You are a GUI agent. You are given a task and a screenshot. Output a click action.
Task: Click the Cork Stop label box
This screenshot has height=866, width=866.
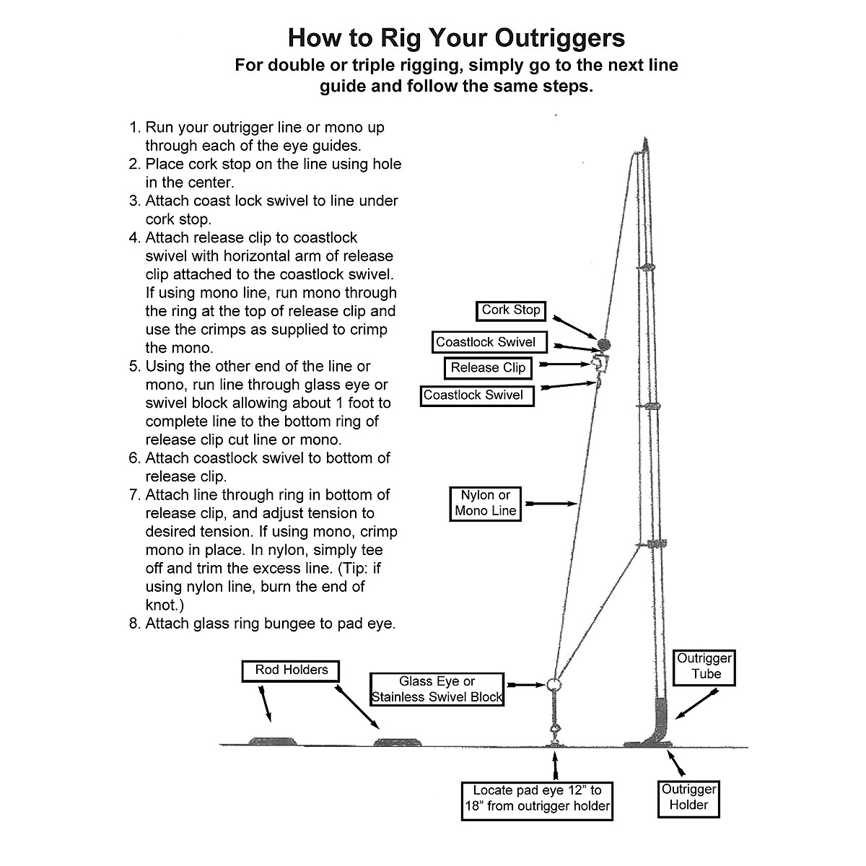(x=511, y=310)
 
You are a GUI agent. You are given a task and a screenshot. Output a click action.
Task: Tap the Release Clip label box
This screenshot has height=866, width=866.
(x=488, y=368)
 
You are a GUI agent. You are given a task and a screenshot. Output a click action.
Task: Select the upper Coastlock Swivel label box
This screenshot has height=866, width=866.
(x=485, y=342)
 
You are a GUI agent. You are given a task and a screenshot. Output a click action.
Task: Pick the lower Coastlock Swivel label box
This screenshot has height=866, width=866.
(x=477, y=395)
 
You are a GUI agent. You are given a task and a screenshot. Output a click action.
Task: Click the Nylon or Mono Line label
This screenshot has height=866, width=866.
(x=485, y=503)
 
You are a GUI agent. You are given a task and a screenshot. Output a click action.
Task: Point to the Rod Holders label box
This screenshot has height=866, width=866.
(x=291, y=670)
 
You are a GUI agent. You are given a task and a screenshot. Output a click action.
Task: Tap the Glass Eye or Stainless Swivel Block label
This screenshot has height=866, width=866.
(x=437, y=689)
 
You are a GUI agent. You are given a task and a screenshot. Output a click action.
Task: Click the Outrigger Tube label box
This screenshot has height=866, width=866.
(x=704, y=666)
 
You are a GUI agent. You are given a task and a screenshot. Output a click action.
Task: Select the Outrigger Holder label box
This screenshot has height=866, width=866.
(x=688, y=797)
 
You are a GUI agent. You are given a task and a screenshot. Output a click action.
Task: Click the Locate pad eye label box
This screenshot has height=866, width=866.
(x=537, y=799)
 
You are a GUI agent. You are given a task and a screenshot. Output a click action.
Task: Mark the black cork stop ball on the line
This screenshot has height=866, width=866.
(x=604, y=344)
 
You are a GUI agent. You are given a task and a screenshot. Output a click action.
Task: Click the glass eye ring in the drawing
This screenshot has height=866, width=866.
(x=554, y=684)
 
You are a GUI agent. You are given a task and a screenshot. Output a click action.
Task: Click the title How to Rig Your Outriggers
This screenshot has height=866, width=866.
(x=456, y=38)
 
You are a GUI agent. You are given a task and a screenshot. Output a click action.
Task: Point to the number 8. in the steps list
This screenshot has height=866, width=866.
(x=135, y=624)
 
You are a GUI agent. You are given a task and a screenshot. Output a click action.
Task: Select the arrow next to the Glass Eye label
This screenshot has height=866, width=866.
(x=525, y=684)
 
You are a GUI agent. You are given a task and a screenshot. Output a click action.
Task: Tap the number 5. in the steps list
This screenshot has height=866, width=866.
(x=135, y=367)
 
